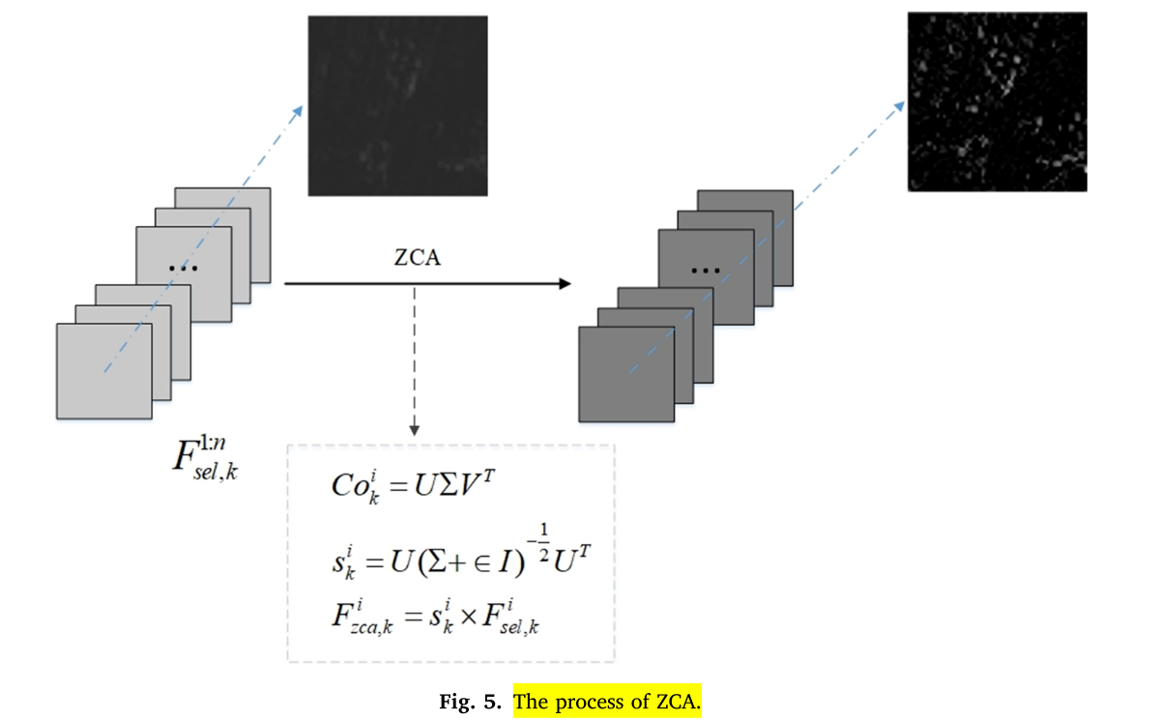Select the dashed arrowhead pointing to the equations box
point(414,428)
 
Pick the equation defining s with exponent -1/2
point(455,556)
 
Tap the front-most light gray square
point(103,371)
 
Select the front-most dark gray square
point(625,374)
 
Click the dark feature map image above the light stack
point(397,105)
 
